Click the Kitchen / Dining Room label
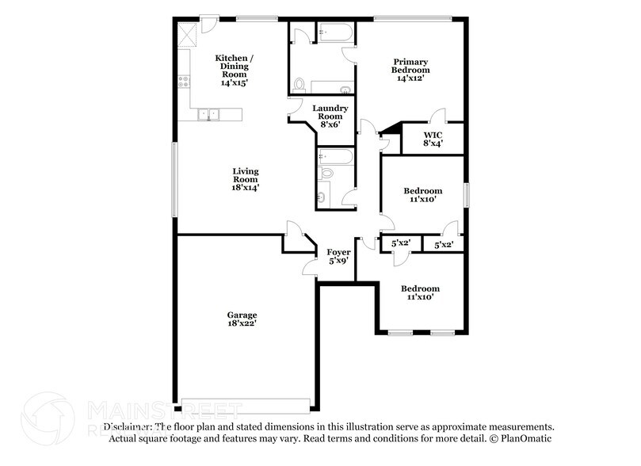235,70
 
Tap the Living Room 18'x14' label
245,179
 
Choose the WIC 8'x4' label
432,139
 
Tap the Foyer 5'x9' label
339,256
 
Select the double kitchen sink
208,114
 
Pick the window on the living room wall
175,178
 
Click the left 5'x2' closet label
400,243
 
